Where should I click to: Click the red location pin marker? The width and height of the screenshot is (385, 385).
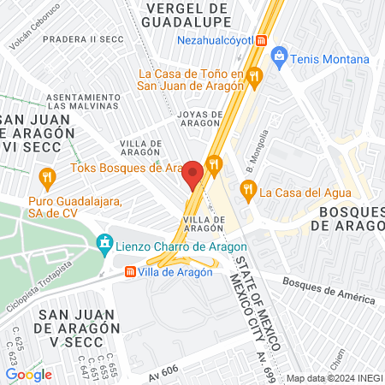[192, 175]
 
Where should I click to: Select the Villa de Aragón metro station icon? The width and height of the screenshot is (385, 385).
[130, 272]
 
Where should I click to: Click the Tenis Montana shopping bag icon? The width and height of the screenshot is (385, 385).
[278, 58]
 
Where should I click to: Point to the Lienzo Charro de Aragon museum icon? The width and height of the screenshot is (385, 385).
[105, 244]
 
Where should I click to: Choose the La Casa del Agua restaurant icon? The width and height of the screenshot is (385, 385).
[248, 192]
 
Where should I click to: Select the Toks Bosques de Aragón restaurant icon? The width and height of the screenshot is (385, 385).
[214, 163]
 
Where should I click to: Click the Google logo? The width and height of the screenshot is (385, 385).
[29, 374]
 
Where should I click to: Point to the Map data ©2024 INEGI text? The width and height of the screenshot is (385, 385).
[335, 378]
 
